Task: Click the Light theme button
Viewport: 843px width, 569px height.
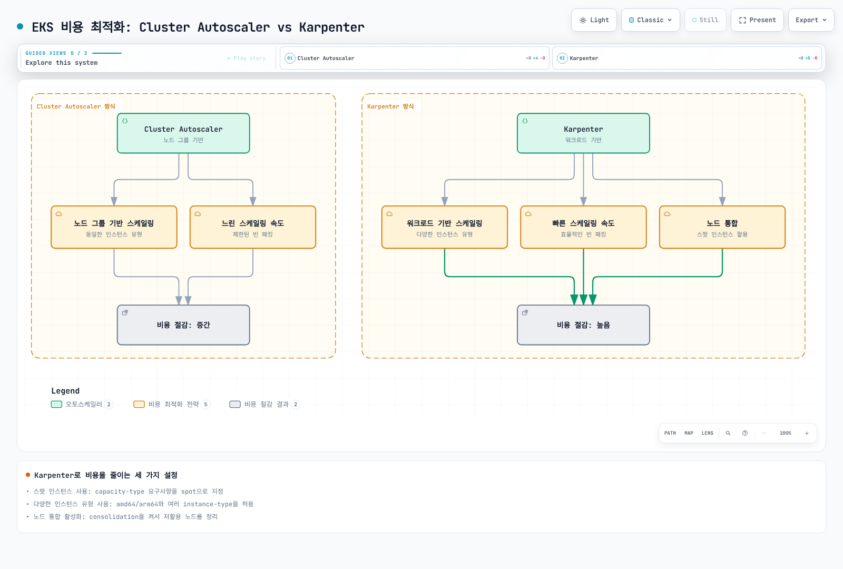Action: coord(594,20)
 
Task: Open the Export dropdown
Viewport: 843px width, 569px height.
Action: coord(811,20)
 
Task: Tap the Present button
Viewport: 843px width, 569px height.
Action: coord(757,20)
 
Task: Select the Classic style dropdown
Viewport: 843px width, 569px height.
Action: coord(650,20)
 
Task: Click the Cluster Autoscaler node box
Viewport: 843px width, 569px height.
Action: coord(183,133)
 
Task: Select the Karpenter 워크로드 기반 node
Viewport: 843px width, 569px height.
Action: coord(583,133)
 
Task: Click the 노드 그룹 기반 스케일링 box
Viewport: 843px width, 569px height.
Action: coord(114,227)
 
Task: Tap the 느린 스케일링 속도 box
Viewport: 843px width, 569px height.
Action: coord(253,227)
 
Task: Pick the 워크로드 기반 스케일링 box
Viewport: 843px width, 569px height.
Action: coord(445,227)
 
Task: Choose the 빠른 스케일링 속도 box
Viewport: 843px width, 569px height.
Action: coord(583,227)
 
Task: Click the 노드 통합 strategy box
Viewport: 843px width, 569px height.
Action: coord(722,227)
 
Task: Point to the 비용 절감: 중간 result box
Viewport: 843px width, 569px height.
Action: coord(183,325)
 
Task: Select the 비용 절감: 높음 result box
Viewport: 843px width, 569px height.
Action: coord(583,325)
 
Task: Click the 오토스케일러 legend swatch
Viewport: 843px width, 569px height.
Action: coord(56,404)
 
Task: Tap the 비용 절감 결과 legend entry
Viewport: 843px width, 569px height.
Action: coord(264,404)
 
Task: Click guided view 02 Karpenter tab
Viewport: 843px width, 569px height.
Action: coord(687,58)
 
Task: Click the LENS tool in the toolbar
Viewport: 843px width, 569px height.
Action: coord(707,433)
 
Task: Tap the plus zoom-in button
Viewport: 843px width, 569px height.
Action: coord(807,433)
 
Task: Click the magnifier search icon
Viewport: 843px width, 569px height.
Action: coord(728,433)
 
